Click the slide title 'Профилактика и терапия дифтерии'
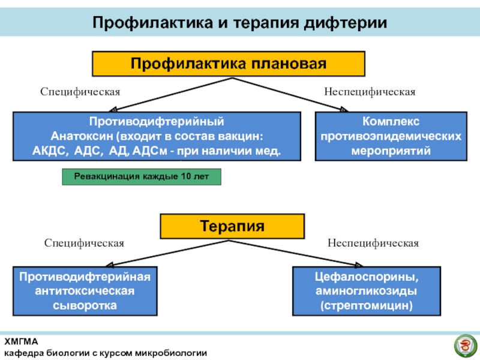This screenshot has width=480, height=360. [239, 23]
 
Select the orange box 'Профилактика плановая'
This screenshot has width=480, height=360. [228, 64]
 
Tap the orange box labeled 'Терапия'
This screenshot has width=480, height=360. [232, 226]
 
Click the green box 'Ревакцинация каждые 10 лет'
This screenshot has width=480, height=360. [142, 177]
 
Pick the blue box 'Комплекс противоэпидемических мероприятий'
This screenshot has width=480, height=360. [391, 136]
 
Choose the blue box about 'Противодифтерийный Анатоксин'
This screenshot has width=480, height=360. [157, 136]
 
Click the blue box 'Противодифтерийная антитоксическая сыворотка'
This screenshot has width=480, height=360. [83, 291]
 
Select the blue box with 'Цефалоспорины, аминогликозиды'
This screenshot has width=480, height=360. [366, 291]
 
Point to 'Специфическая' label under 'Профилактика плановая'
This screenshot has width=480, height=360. [80, 92]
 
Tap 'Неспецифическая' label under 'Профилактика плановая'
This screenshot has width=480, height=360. [370, 92]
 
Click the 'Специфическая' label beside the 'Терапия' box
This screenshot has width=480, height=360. [84, 243]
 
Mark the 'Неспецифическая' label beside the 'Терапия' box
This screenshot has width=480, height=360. [373, 243]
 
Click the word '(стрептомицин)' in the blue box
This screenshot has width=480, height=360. [366, 305]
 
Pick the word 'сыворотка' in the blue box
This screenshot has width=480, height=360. [83, 305]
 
